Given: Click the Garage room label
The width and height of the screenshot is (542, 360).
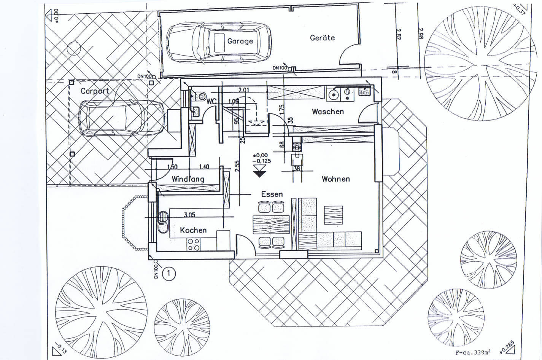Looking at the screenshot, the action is (240, 41).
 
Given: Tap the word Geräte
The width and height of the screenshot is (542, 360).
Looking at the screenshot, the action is (322, 38).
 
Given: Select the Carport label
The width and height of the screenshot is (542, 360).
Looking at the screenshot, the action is (95, 91).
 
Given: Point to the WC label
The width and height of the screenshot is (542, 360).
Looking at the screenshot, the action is (211, 101).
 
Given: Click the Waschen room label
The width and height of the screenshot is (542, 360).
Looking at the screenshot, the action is (327, 112).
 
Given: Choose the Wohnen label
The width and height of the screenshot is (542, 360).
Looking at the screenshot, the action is (335, 179).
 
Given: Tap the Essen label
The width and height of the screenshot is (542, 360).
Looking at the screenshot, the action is (272, 194).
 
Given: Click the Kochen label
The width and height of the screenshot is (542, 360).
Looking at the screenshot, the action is (193, 230).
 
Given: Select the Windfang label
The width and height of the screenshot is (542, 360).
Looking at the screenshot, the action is (188, 179).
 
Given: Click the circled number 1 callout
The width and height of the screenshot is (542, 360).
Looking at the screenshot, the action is (169, 273).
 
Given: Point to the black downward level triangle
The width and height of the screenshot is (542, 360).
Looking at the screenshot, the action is (260, 173).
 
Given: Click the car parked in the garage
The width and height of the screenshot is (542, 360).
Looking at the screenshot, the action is (219, 42).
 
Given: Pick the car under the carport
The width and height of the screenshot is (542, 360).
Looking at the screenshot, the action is (121, 118).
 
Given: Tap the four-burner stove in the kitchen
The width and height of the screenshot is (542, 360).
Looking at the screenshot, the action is (193, 244).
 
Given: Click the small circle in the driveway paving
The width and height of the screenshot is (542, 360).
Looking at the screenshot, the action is (74, 48).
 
